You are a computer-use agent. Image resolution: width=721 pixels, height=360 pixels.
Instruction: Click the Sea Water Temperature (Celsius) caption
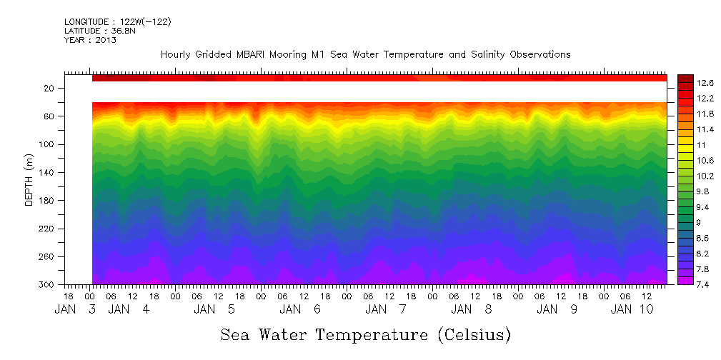point(366,334)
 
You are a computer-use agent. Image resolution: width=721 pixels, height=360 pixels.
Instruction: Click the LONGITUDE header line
point(117,22)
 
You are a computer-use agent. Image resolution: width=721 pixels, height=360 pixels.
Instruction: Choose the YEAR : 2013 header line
point(90,40)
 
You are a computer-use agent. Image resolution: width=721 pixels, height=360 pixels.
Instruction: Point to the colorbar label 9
point(700,222)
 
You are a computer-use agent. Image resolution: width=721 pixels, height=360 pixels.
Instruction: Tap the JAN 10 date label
point(632,309)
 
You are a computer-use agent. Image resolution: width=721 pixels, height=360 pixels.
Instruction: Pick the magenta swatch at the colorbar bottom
point(685,281)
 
